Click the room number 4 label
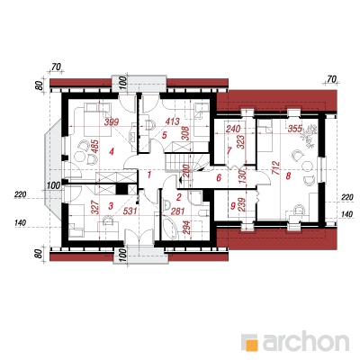point(112,152)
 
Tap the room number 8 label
point(288,176)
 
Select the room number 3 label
point(111,206)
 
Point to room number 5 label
point(164,135)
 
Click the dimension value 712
point(276,170)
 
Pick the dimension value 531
point(130,211)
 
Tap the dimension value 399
point(112,122)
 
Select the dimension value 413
point(172,121)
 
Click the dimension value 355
point(294,129)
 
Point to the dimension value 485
point(94,147)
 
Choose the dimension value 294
point(186,229)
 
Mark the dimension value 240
point(233,129)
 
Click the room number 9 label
point(233,206)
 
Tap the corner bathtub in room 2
point(170,227)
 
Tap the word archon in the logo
point(306,341)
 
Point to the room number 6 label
point(219,178)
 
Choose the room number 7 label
point(229,150)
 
